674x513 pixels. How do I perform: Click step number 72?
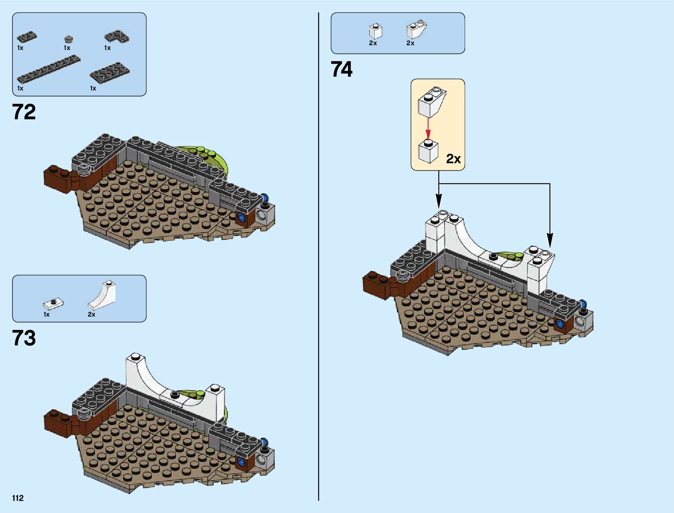coord(24,112)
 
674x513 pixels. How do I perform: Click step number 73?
coord(24,338)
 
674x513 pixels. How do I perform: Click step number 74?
coord(342,69)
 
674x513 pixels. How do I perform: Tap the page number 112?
coord(18,498)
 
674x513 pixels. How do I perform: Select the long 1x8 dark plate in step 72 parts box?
coord(48,69)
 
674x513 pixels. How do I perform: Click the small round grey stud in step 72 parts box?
coord(68,39)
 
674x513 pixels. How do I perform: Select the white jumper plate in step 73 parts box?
coord(53,303)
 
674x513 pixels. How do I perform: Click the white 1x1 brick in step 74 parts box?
coord(376,31)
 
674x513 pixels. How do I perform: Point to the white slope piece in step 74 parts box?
coord(416,30)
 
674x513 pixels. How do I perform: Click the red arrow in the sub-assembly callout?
coord(428,128)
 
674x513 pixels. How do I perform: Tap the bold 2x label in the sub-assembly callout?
coord(453,159)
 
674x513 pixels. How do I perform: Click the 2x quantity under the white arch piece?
coord(91,314)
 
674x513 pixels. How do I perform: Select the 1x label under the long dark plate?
coord(20,88)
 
